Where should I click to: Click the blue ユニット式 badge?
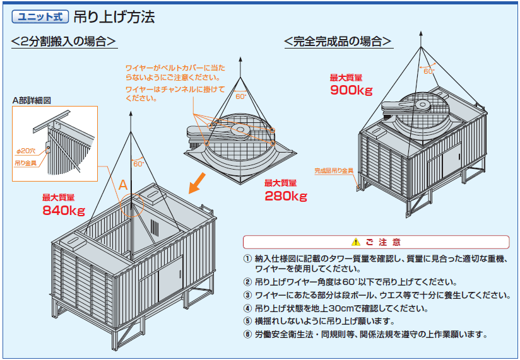(x=40, y=16)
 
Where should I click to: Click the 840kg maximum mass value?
(x=64, y=211)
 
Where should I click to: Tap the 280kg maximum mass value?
(x=286, y=196)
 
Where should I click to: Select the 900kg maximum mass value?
(x=352, y=90)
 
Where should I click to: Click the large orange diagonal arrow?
(x=198, y=183)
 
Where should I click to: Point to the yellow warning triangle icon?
(x=356, y=241)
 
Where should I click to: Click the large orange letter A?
(x=123, y=185)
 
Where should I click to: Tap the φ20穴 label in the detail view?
(x=26, y=151)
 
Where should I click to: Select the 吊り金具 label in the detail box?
(x=25, y=163)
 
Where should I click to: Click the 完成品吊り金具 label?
(x=334, y=171)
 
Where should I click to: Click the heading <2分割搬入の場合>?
(x=64, y=41)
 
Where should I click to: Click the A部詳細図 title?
(x=32, y=100)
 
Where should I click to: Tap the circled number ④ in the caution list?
(x=247, y=308)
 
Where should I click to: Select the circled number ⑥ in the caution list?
(x=247, y=334)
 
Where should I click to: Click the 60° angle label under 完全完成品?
(x=428, y=71)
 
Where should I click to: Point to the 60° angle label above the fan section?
(x=241, y=96)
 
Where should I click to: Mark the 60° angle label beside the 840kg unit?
(x=139, y=163)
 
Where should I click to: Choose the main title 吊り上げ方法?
(x=114, y=17)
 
